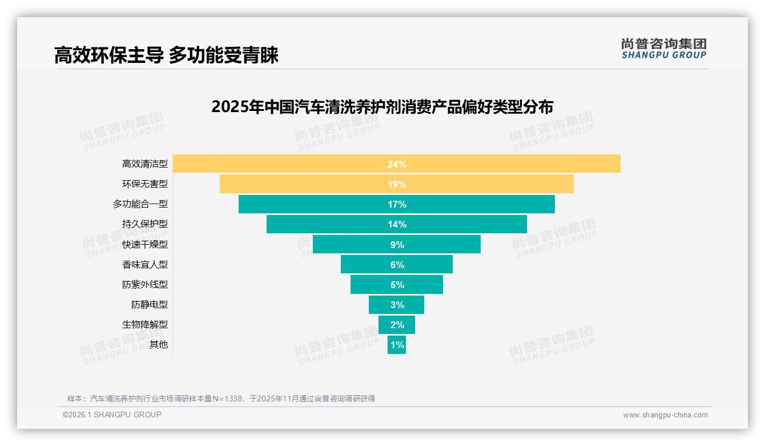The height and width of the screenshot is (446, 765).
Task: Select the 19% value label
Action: [397, 184]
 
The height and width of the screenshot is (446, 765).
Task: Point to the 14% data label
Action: [397, 224]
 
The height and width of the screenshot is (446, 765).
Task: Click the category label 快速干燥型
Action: [145, 244]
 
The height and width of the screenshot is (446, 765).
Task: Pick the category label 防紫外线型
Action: [145, 284]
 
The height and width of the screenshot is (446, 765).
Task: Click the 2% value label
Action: [397, 325]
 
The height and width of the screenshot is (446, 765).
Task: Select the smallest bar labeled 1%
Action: [397, 345]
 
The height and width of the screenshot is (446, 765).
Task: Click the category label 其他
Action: [159, 345]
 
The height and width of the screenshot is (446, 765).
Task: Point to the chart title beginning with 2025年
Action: [382, 107]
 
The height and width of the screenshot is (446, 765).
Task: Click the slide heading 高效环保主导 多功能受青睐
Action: [166, 55]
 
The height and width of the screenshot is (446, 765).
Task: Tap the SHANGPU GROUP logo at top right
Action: [663, 49]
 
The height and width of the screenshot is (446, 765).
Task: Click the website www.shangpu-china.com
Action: [665, 415]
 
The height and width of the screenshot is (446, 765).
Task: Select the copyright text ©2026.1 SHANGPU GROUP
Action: [112, 415]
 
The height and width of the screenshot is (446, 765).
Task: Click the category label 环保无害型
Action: [145, 184]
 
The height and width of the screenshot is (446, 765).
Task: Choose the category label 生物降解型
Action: [145, 324]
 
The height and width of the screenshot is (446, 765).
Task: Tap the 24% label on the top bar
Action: [397, 164]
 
